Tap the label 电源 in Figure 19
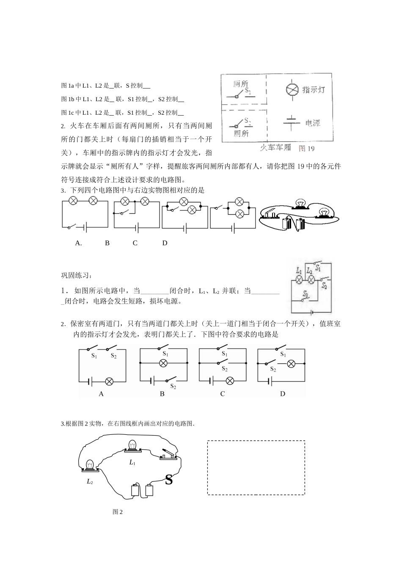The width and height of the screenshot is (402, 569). pos(313,123)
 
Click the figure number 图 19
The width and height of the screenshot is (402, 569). pos(307,148)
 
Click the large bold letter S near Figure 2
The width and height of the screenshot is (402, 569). pos(169,480)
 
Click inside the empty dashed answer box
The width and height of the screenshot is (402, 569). pos(256,467)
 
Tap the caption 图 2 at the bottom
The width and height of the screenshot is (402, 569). pos(118,512)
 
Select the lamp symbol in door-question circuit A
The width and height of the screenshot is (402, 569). pos(109,381)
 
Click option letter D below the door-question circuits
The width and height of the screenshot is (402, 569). pos(283,394)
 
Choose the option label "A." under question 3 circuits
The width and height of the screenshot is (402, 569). pos(78,243)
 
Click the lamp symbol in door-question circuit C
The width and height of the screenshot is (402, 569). pos(230,381)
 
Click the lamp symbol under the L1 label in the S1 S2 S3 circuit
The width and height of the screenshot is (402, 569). pos(299,279)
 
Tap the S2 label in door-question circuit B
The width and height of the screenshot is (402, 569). pos(173,386)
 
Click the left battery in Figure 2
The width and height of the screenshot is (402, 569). pos(135,490)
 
